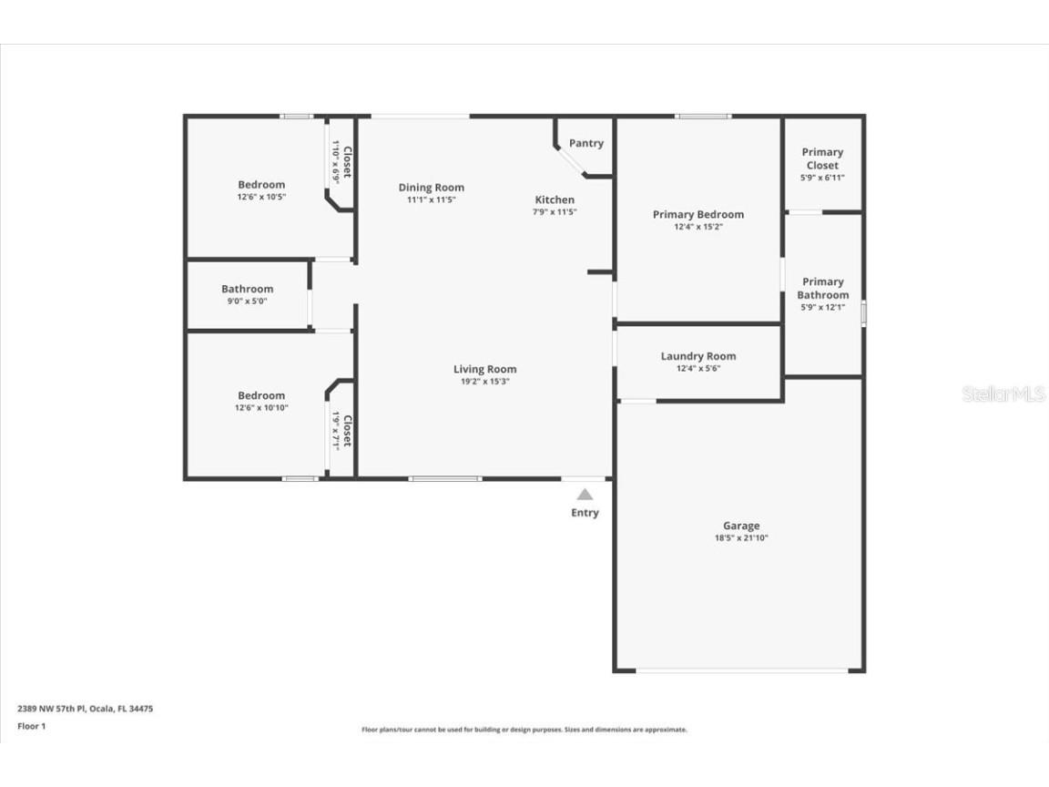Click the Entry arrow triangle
pos(585,495)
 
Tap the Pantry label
pos(586,143)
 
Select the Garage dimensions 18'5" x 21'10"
pos(740,538)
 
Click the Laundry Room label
pos(698,356)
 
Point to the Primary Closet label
pos(822,158)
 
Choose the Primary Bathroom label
pos(822,288)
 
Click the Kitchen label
pos(555,199)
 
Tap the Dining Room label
pos(431,188)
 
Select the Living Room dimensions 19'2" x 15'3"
pos(484,382)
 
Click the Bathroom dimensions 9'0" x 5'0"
pos(247,302)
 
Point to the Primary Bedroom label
pos(698,215)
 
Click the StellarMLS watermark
pos(1004,394)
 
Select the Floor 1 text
pos(31,726)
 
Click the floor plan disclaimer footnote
pos(524,730)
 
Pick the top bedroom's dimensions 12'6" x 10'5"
pos(261,197)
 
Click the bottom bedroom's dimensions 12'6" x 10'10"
pos(261,408)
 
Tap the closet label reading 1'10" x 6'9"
pos(335,163)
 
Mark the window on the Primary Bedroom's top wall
pos(702,116)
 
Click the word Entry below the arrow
pos(585,513)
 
